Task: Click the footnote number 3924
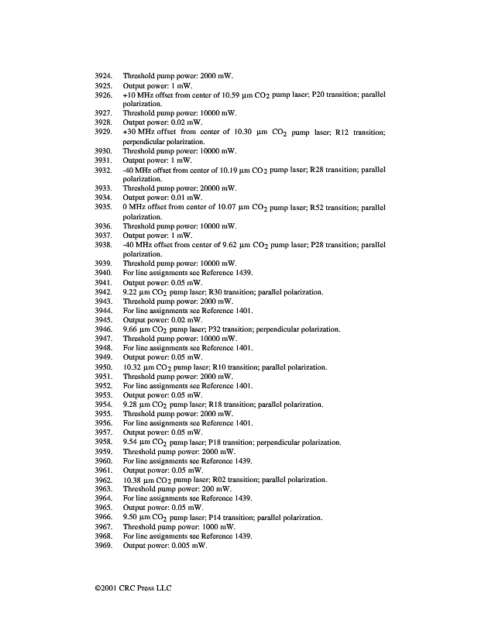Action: pyautogui.click(x=104, y=76)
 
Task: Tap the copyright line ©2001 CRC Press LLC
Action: pyautogui.click(x=128, y=587)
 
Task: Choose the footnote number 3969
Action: pyautogui.click(x=104, y=546)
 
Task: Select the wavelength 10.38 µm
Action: pyautogui.click(x=139, y=480)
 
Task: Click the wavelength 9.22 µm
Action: pyautogui.click(x=137, y=292)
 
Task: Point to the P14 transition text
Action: pyautogui.click(x=234, y=517)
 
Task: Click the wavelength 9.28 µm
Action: pyautogui.click(x=137, y=405)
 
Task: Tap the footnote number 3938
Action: pyautogui.click(x=104, y=245)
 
